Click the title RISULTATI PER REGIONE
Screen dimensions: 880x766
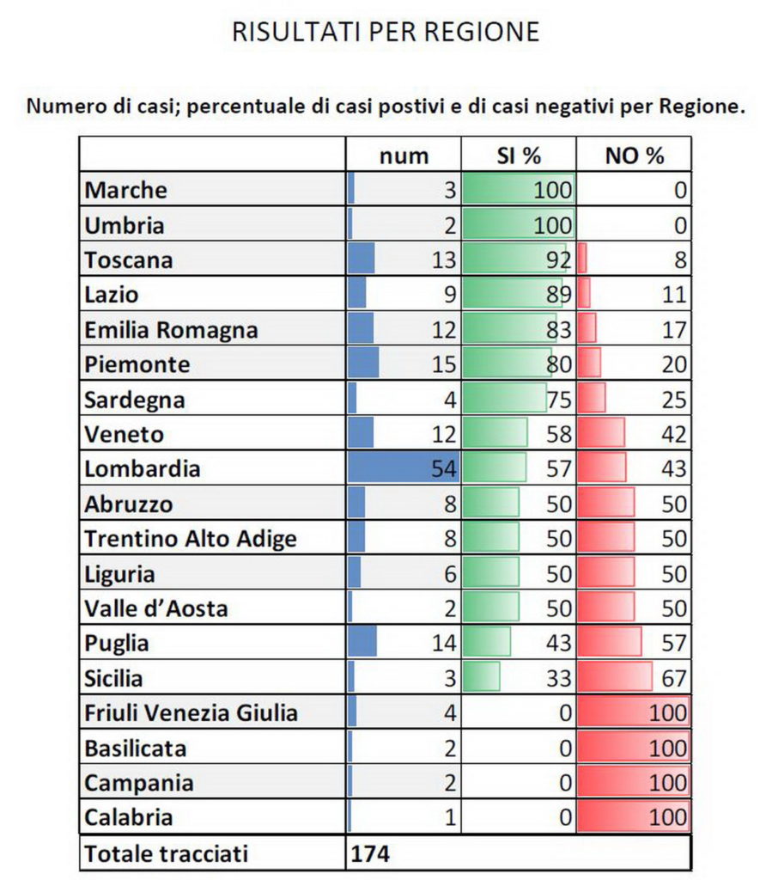(386, 32)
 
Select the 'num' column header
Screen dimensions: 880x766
(404, 156)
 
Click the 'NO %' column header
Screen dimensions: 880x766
(635, 156)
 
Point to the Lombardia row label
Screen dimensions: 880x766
(143, 469)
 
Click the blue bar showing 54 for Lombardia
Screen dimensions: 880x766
(404, 469)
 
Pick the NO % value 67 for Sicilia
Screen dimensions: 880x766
(674, 678)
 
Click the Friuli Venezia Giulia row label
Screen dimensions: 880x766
(191, 712)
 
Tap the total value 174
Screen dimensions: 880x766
(370, 854)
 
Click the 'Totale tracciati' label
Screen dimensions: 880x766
(167, 854)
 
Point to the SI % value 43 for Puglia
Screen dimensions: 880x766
(558, 643)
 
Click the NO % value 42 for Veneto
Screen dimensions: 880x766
(674, 434)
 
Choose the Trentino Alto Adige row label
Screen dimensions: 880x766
(191, 539)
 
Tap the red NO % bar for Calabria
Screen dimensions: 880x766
(634, 817)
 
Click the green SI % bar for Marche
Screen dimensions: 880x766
(518, 190)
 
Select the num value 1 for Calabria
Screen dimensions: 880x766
(449, 817)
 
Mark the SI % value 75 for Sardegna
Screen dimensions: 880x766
(558, 400)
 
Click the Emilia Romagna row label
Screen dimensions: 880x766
(172, 330)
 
